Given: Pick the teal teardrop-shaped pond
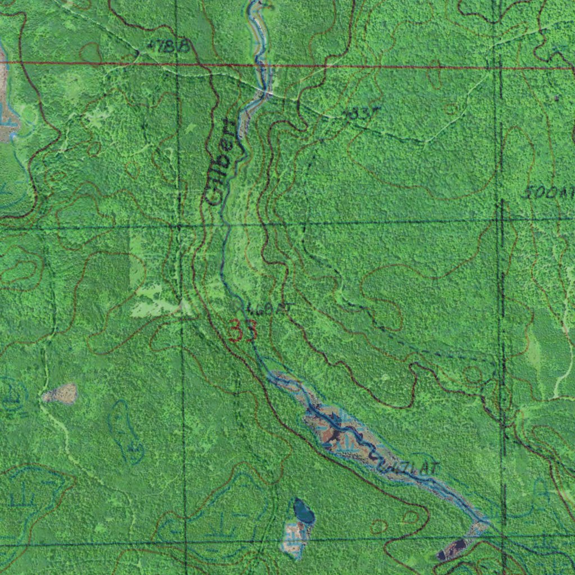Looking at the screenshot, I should pos(304,511).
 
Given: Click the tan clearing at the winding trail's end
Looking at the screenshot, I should pos(60,394).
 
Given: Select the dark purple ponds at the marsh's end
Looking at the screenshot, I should pos(451,549).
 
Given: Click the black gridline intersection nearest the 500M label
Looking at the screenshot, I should pos(500,220).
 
